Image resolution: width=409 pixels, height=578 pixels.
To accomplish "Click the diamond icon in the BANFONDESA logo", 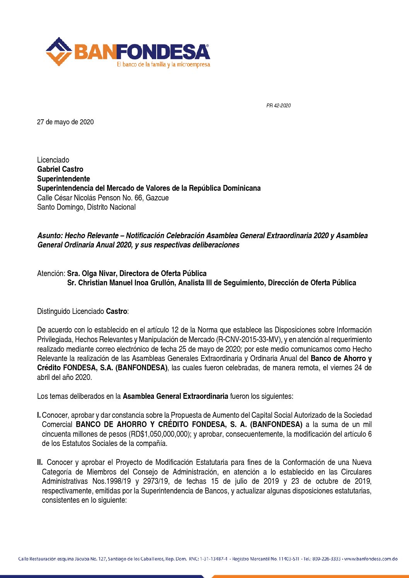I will coord(59,51).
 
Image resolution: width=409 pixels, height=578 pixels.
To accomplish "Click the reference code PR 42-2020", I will coord(278,105).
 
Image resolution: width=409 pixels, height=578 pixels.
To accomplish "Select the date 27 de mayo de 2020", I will coord(65,122).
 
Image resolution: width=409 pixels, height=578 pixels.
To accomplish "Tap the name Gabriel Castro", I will coord(60,169).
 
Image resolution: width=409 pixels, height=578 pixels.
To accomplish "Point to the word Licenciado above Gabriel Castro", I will coord(53,160).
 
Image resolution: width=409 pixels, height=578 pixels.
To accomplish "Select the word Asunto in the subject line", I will coord(50,236).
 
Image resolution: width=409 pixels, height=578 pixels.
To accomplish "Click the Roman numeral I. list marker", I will coord(39,415).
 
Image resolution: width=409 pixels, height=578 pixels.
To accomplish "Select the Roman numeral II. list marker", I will coord(40,462).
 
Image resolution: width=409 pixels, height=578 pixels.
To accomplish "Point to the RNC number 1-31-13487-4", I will coord(214,559).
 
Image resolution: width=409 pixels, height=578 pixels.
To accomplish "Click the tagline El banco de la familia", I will coord(163,64).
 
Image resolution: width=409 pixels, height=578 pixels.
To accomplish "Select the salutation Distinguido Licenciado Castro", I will coord(83,311).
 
